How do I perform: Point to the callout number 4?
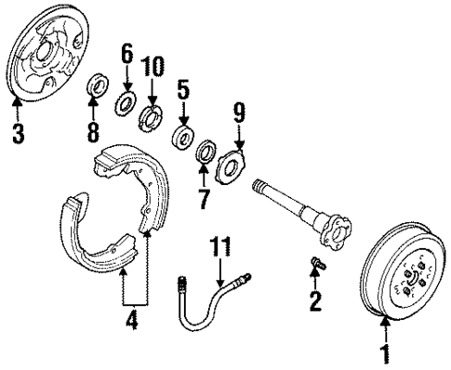(x=132, y=324)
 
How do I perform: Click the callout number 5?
(x=184, y=91)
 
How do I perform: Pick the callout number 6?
(x=126, y=56)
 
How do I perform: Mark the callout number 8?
(x=94, y=131)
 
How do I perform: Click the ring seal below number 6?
(x=125, y=100)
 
